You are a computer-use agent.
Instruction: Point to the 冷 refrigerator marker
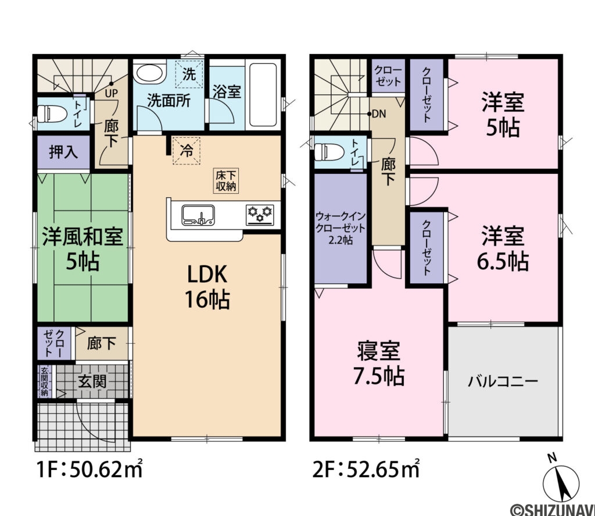[x=187, y=151]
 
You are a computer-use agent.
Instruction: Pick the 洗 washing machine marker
[x=190, y=74]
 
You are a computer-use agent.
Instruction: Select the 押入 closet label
[x=63, y=152]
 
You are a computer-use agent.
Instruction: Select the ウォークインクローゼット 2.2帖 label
[x=340, y=227]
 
